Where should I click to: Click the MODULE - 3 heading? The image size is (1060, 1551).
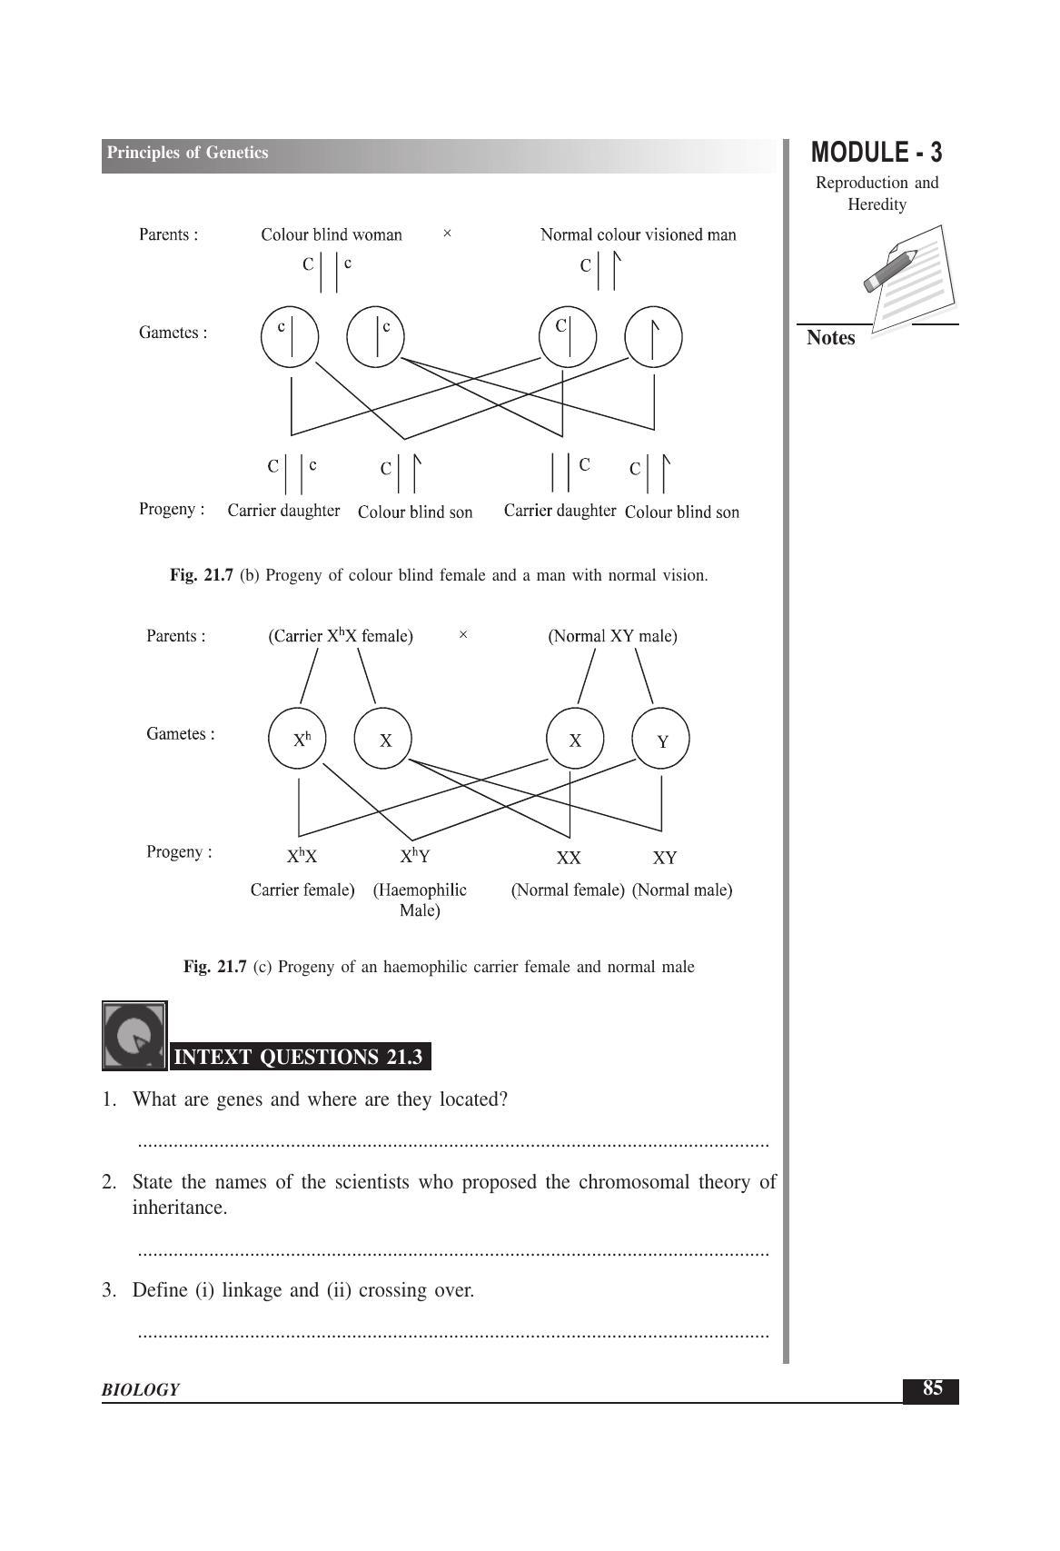(877, 152)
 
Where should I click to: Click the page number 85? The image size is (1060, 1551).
(932, 1388)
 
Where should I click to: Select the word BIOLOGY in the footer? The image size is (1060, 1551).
(141, 1389)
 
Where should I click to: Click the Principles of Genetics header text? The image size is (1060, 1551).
(187, 153)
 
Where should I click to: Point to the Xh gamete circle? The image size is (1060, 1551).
(298, 740)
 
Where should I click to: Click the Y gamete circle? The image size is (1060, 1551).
(661, 740)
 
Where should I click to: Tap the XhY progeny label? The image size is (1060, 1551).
(414, 856)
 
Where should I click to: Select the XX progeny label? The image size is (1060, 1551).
(569, 858)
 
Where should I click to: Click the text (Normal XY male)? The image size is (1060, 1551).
(612, 636)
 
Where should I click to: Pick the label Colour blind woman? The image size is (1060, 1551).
(332, 235)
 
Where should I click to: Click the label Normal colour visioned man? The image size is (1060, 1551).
(638, 235)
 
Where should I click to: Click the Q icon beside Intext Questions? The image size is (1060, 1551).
(134, 1036)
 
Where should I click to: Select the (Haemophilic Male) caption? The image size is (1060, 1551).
(420, 900)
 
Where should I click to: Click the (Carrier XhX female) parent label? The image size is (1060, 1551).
(341, 636)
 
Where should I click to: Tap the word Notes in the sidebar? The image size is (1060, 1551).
(831, 338)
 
